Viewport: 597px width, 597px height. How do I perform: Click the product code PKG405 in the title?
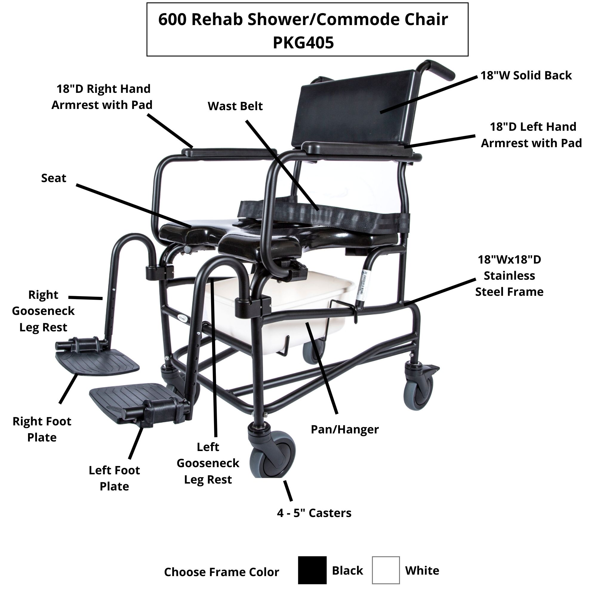tap(303, 43)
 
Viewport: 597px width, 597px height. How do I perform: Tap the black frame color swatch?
tap(312, 570)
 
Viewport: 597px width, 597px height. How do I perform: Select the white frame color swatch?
tap(386, 570)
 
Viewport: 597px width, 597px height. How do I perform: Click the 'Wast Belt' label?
tap(235, 106)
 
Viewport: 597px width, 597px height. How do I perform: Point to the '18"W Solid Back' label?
tap(526, 76)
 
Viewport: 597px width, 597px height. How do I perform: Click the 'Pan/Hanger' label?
tap(344, 429)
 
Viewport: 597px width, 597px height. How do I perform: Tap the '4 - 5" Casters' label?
tap(314, 513)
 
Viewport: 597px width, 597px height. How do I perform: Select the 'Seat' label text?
tap(53, 178)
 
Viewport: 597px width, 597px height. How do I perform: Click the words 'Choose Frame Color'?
tap(221, 572)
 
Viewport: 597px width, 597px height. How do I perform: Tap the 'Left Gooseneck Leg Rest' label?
tap(208, 463)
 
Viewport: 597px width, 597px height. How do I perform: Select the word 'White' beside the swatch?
tap(422, 570)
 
